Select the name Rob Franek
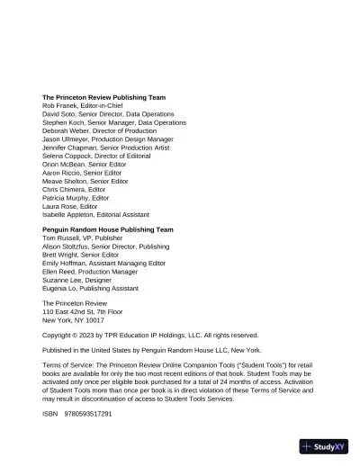point(61,106)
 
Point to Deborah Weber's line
point(99,132)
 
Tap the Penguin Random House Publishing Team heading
point(107,230)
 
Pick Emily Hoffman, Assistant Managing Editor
point(103,264)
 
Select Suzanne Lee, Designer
point(81,280)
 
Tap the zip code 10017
point(94,320)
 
